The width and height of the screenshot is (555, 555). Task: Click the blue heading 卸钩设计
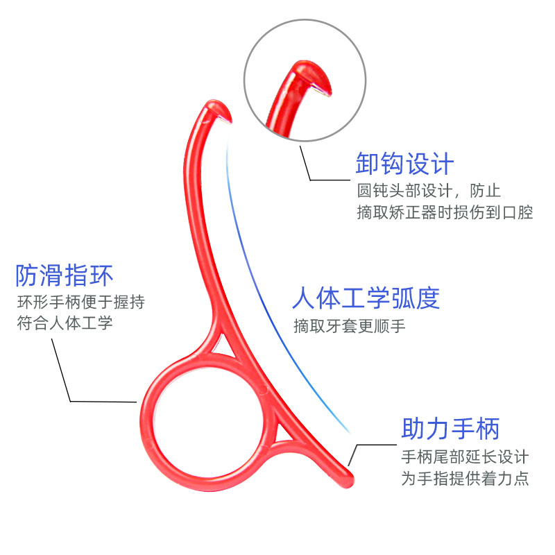[x=404, y=164]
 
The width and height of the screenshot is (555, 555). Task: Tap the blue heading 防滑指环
[x=64, y=275]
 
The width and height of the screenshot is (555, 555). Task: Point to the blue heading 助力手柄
[x=450, y=429]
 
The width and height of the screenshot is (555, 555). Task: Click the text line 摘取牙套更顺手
[x=349, y=325]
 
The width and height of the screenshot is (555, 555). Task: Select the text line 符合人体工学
[x=65, y=324]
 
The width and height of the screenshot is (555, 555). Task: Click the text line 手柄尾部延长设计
[x=465, y=457]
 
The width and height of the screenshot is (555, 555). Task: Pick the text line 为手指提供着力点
[x=465, y=479]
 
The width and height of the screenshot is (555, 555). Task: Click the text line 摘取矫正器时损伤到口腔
[x=445, y=213]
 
